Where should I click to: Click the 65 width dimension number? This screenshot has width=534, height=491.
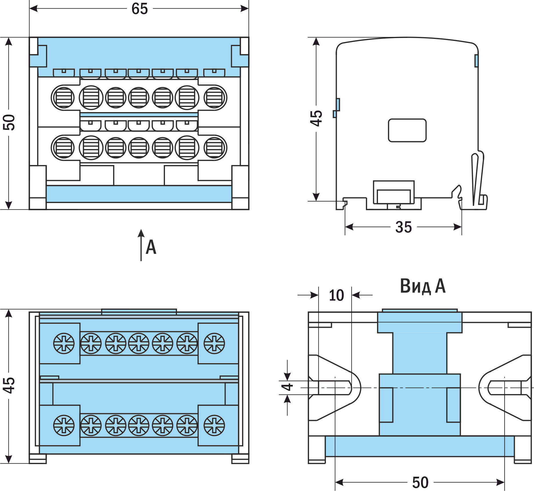coord(140,9)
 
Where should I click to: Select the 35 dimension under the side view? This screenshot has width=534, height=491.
coord(403,227)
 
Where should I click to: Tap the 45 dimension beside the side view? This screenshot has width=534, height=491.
coord(316,118)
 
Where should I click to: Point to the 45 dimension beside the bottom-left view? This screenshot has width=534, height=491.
coord(9,385)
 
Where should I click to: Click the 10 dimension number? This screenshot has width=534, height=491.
coord(336,295)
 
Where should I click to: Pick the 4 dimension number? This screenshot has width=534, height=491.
coord(287,387)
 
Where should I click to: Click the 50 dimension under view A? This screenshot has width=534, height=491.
coord(420,482)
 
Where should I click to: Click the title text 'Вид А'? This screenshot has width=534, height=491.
coord(423,286)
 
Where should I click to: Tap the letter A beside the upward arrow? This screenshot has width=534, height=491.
coord(151,247)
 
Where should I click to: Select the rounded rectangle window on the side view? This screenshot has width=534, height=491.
coord(407,130)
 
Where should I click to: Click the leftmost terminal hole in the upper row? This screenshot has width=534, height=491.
coord(63,98)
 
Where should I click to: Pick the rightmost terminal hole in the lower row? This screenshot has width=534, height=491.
coord(215,148)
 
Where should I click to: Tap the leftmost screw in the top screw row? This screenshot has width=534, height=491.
coord(64,343)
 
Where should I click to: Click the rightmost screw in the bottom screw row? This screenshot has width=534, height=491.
coord(214,425)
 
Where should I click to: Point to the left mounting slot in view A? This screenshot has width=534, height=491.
coord(334,388)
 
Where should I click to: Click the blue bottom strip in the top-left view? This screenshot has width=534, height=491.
coord(139,194)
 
